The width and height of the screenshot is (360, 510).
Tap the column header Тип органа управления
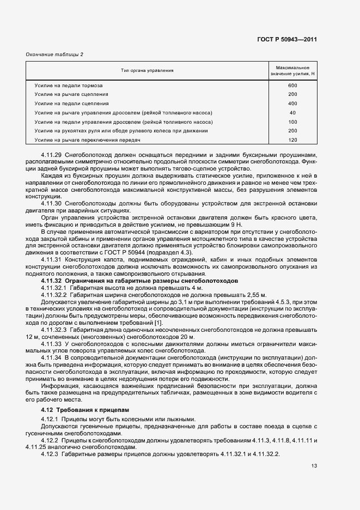point(147,71)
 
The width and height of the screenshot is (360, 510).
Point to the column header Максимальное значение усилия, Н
point(292,71)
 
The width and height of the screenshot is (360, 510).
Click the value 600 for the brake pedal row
point(292,86)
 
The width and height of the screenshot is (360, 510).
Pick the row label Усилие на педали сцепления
point(71,104)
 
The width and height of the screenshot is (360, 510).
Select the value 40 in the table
point(292,113)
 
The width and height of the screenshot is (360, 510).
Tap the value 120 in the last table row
point(292,140)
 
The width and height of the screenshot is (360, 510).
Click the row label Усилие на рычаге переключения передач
point(88,140)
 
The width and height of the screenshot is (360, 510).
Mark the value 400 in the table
point(292,104)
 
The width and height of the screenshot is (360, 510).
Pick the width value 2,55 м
point(249,293)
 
